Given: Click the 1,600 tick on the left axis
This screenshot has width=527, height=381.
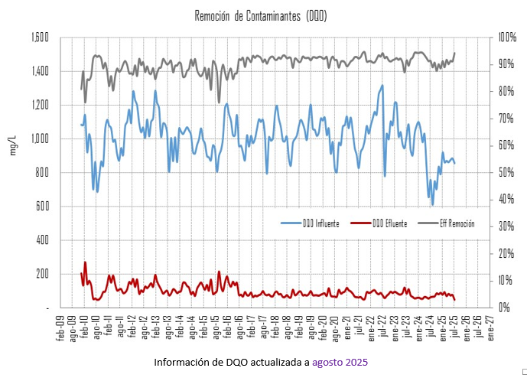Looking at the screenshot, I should [40, 37].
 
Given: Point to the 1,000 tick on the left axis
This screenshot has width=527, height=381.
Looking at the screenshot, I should [40, 138].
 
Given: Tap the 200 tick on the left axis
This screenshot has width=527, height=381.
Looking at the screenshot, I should [44, 274].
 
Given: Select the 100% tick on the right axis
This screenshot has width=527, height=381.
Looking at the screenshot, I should [507, 37].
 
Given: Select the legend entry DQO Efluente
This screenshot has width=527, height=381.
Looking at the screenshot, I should [389, 223].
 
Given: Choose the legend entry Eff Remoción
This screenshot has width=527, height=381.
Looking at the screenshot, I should [457, 223].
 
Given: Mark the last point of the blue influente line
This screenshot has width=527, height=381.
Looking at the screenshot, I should [455, 163].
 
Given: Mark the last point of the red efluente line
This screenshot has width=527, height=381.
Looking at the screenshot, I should [455, 300].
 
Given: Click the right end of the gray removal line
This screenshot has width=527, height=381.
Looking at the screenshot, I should [455, 53].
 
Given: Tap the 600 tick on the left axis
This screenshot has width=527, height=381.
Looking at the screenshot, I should [44, 207].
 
